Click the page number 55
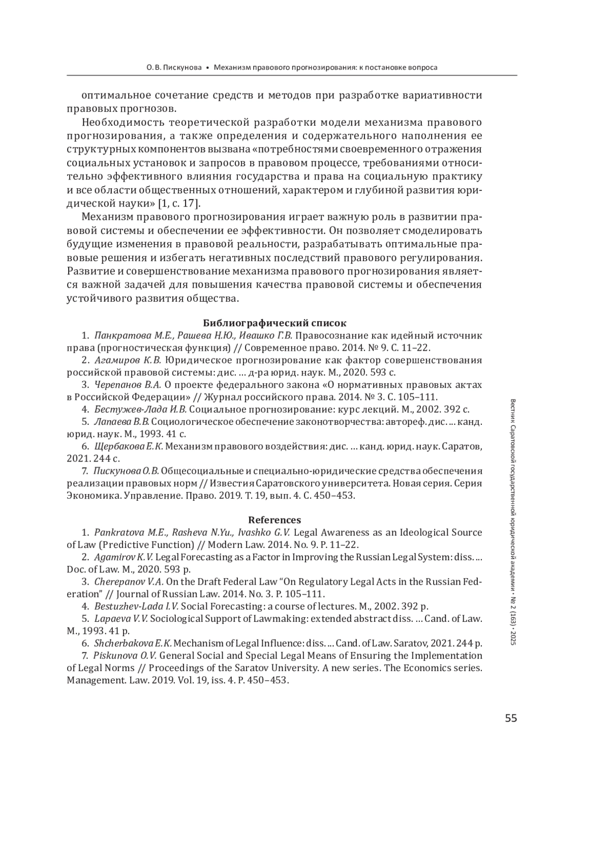click(510, 718)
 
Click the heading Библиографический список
click(274, 323)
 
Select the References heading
click(274, 520)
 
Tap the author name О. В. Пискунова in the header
click(174, 67)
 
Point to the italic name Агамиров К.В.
click(128, 360)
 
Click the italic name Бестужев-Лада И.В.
click(141, 409)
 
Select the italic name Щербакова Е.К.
click(129, 446)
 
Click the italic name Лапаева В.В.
click(122, 422)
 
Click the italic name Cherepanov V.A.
click(129, 582)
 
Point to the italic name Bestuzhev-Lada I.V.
click(137, 606)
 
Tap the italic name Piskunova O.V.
click(126, 655)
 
